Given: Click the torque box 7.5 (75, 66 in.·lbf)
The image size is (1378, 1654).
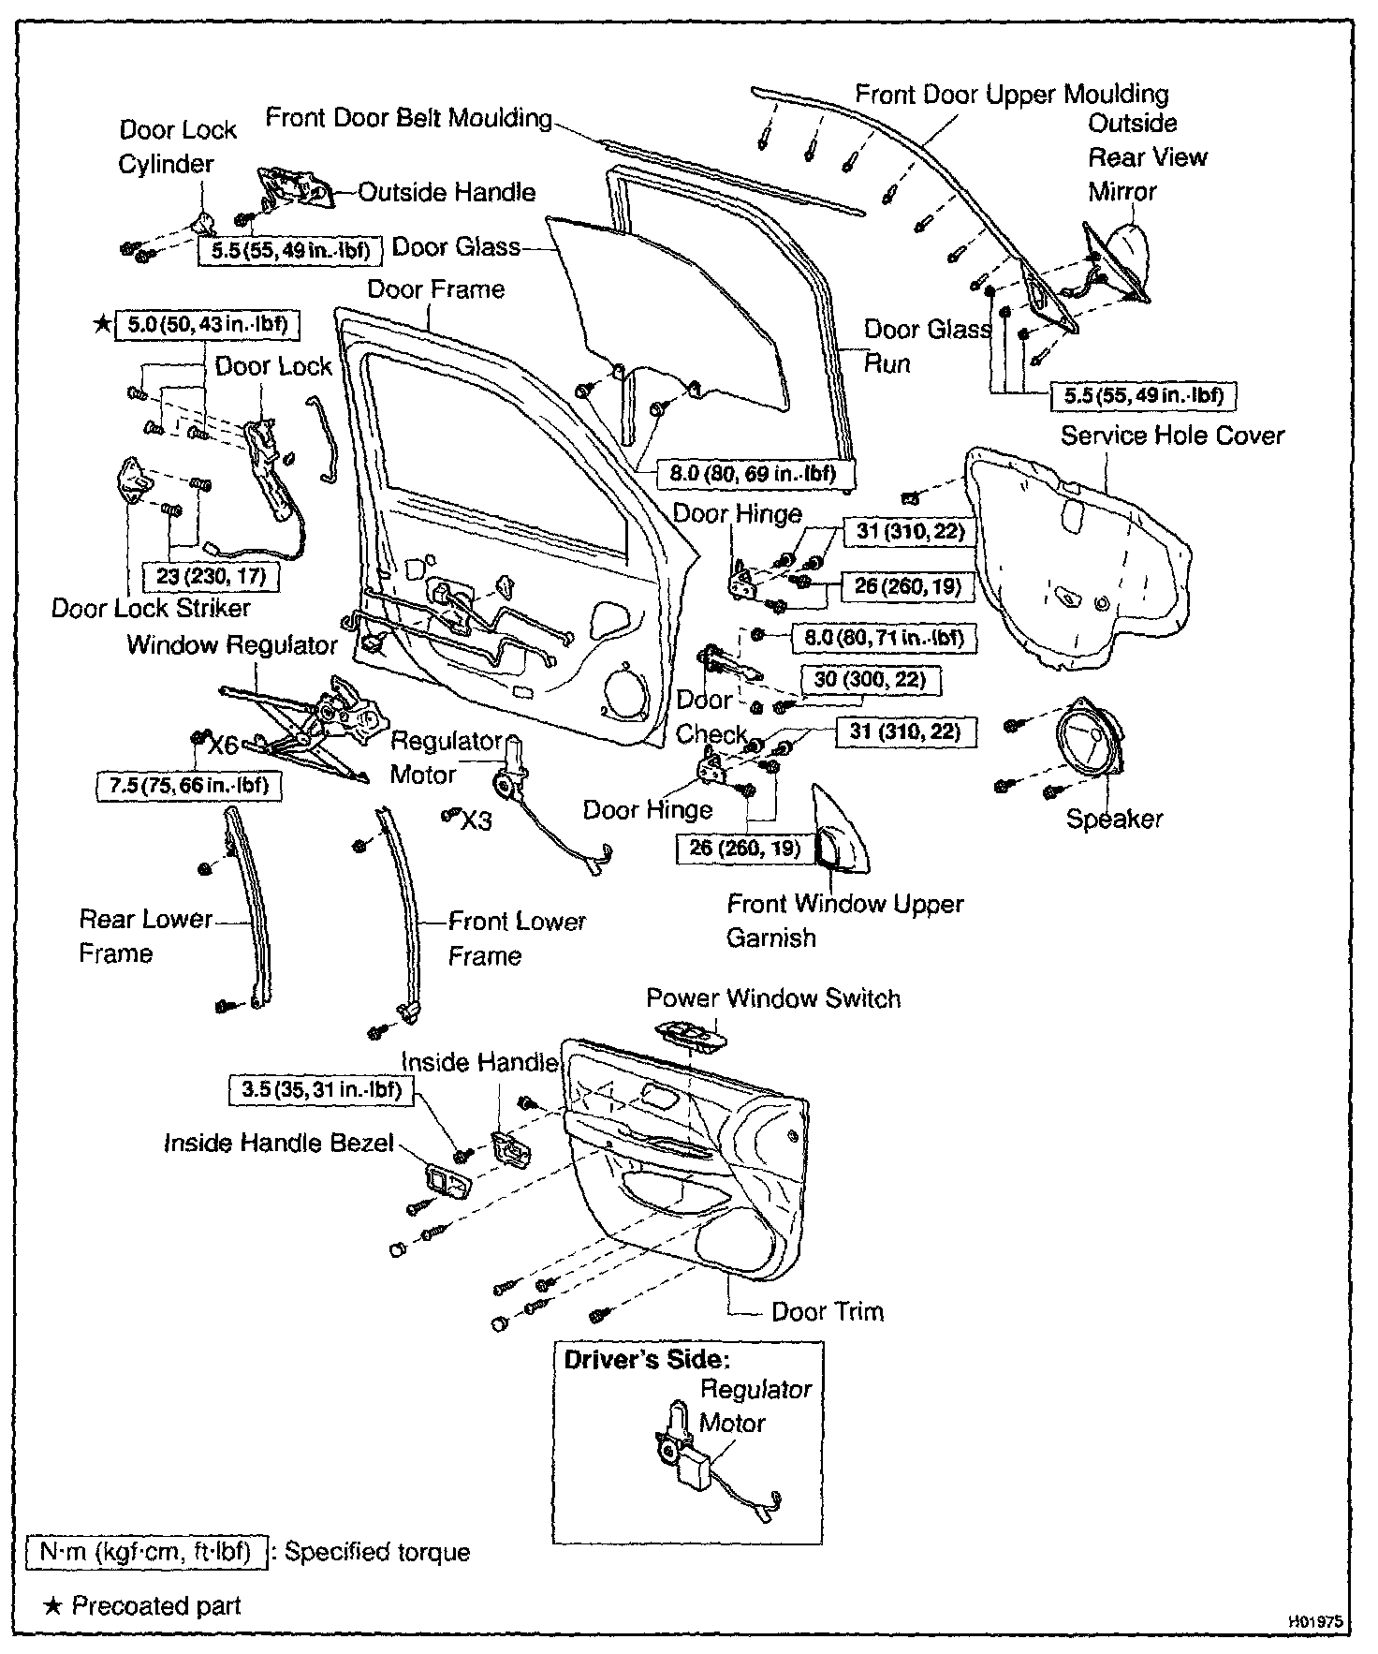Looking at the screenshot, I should [x=188, y=785].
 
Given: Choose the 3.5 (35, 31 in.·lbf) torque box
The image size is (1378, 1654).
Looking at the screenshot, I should [x=321, y=1090].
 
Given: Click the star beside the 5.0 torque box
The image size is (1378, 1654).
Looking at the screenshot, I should [x=101, y=325].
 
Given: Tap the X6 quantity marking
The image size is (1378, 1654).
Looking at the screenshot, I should [x=223, y=746].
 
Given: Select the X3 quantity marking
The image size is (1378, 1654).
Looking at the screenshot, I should [x=476, y=820].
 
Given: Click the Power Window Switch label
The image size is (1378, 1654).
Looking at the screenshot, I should [x=773, y=998].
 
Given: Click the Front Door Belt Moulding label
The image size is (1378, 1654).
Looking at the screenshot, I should [x=409, y=118].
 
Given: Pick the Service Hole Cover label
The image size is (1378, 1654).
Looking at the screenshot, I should [x=1172, y=436].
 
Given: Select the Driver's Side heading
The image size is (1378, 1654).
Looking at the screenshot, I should [x=646, y=1360].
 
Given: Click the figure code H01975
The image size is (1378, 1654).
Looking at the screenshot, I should [x=1316, y=1621].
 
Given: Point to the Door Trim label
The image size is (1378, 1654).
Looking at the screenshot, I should [x=827, y=1311].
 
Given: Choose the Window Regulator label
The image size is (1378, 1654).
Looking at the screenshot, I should [x=231, y=645].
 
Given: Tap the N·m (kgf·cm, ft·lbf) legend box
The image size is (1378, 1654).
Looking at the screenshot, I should [x=146, y=1552].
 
